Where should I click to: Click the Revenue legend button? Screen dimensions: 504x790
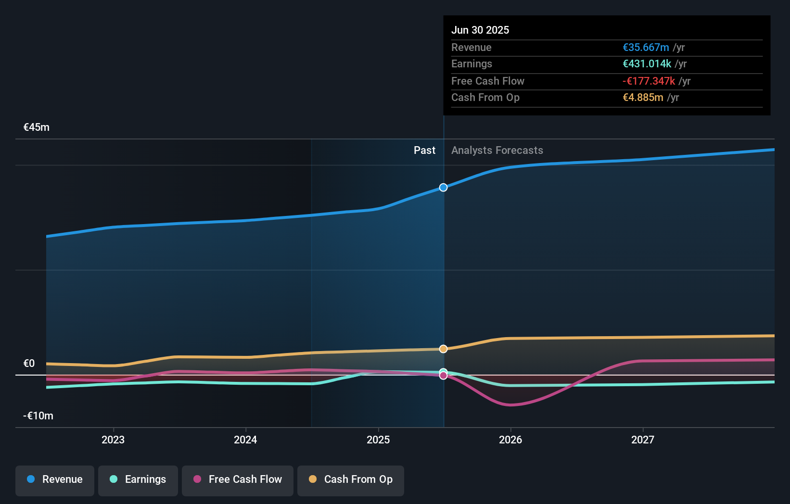55,479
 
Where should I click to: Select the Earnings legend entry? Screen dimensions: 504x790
138,479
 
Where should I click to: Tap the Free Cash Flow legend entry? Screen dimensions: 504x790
238,479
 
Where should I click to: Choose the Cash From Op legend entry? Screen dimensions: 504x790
351,479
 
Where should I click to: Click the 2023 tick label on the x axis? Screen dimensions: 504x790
113,440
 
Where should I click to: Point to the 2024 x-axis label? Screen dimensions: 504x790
245,440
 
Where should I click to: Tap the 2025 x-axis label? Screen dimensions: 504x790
378,440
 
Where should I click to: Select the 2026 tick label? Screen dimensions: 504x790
510,440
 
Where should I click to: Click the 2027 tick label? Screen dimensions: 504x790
643,440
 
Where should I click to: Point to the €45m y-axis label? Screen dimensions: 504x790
37,127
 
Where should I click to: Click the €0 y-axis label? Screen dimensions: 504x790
29,364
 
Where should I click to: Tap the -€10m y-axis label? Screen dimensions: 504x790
38,416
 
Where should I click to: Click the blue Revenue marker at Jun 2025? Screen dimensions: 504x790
444,188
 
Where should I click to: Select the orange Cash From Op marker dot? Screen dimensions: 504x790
444,349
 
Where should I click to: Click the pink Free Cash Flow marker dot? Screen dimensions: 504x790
444,376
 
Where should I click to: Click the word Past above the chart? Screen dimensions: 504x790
424,151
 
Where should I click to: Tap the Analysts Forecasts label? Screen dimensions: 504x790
497,151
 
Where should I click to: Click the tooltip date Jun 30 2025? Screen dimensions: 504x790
480,30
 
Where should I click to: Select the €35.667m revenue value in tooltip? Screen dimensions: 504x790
646,48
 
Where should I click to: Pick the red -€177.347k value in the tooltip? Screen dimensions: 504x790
649,81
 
